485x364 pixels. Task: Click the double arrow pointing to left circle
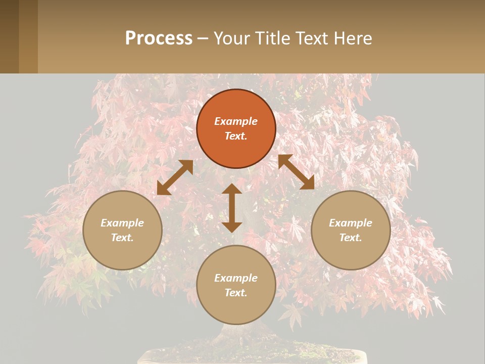point(175,177)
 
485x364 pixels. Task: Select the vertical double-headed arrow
point(232,208)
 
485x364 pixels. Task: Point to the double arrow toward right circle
point(296,172)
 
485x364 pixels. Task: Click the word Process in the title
point(159,38)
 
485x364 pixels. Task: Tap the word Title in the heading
point(272,38)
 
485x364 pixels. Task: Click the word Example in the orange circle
point(236,121)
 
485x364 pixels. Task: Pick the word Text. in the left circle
point(122,238)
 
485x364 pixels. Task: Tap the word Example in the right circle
point(351,223)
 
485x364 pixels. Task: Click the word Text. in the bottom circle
point(236,293)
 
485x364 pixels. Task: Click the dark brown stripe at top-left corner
point(9,36)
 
